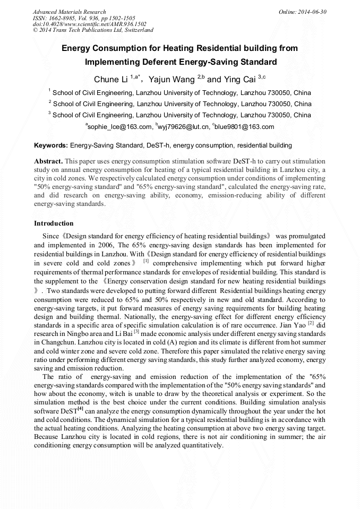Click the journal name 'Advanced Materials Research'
(x=69, y=12)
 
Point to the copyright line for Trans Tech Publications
(x=93, y=30)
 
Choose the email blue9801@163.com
(x=245, y=127)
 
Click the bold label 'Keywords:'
(x=51, y=145)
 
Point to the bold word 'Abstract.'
(x=49, y=160)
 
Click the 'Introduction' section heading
(x=54, y=223)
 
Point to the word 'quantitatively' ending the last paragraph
(x=198, y=445)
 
